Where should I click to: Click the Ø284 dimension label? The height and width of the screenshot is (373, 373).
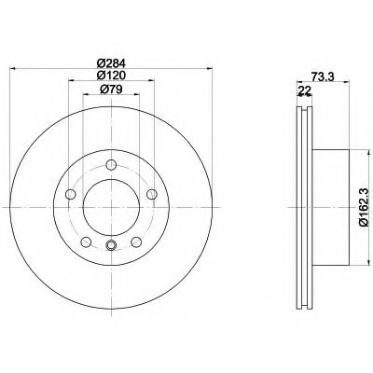(x=111, y=63)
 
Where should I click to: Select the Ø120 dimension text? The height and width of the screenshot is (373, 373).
(x=111, y=76)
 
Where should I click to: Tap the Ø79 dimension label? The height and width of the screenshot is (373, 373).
(x=111, y=90)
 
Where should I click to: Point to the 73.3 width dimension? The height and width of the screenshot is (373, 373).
(x=323, y=76)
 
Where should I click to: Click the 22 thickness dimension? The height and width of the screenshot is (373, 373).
(x=304, y=90)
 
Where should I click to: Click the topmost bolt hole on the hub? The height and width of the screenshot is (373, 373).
(x=111, y=165)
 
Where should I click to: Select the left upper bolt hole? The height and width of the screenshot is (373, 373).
(x=71, y=194)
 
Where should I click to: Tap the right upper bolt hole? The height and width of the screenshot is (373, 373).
(x=152, y=194)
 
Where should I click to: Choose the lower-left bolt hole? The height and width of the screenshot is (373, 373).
(x=86, y=242)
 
